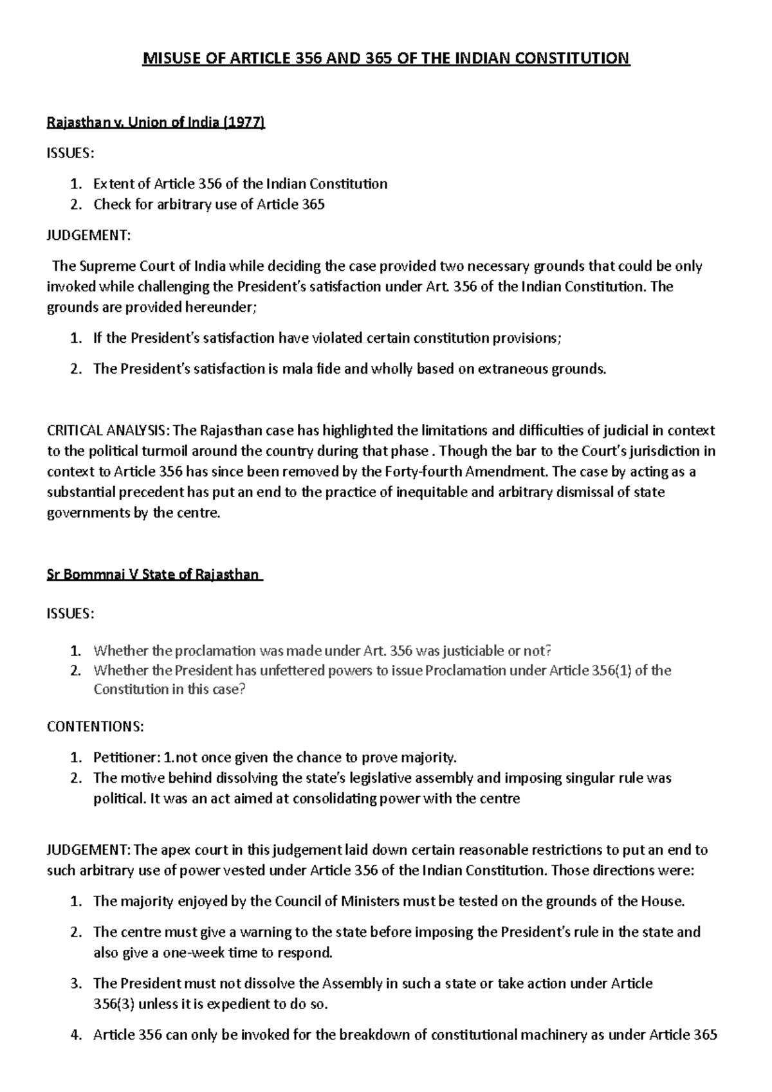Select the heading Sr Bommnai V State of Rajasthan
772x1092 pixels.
click(154, 574)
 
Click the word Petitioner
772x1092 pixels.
click(126, 757)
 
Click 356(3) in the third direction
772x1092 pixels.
click(114, 1004)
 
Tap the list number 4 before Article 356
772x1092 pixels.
click(76, 1035)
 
